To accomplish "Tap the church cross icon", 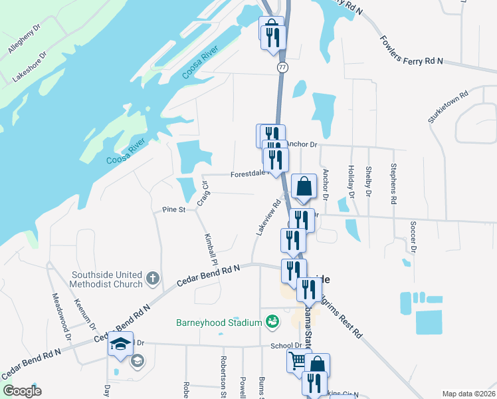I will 152,278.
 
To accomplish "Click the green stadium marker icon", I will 271,323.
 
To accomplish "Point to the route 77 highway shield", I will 282,67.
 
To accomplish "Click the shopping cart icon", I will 298,361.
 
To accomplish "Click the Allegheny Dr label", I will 24,42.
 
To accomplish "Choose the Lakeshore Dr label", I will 30,67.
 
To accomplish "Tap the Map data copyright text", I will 468,394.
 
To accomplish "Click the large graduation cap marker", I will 120,343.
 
